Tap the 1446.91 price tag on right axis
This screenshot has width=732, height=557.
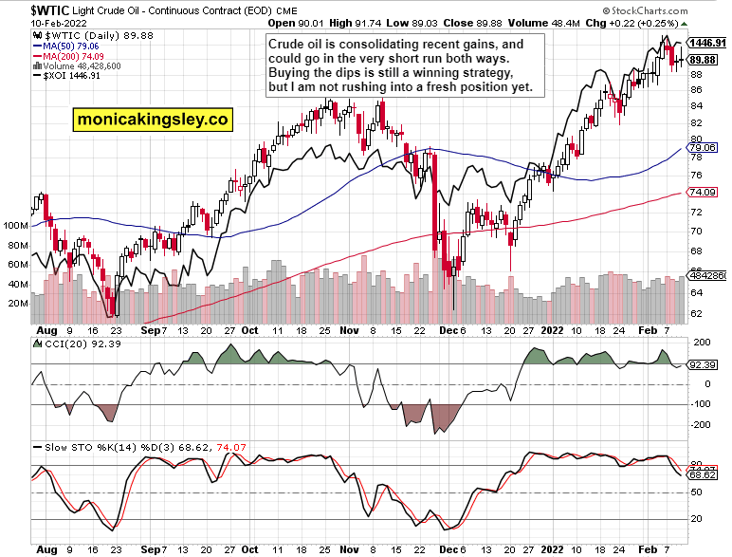coord(706,44)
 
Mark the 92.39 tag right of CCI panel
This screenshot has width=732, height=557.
coord(701,364)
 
